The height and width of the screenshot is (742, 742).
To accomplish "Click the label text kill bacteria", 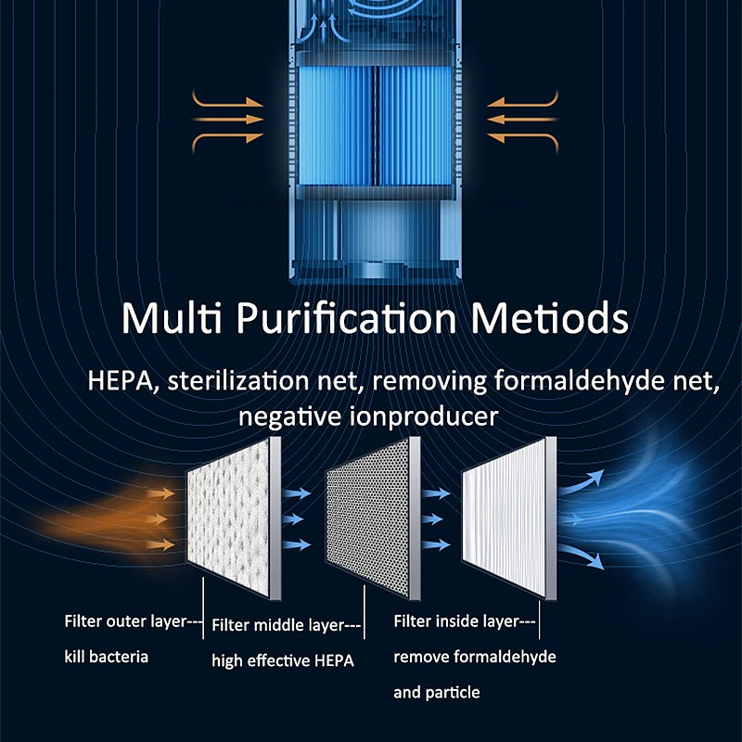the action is [x=107, y=657].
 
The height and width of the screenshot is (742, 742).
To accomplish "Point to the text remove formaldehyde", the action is [x=475, y=657].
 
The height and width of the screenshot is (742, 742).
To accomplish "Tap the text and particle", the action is [x=437, y=692].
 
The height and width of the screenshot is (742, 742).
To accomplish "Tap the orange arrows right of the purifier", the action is [x=523, y=118].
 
